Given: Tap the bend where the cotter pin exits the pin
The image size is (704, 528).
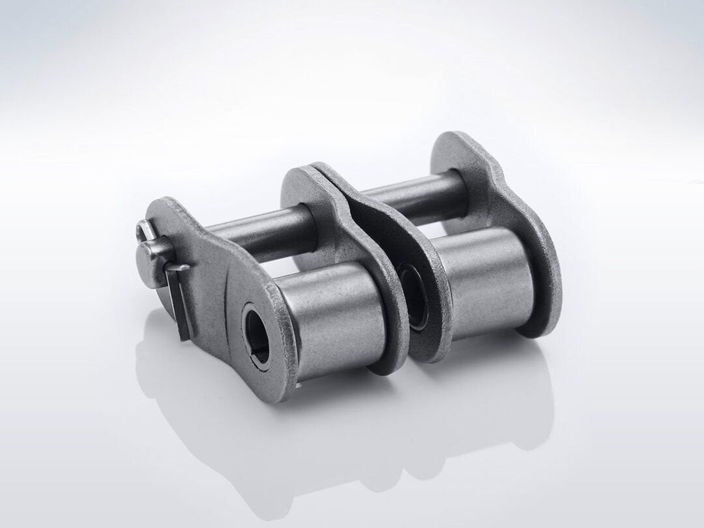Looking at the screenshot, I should (x=171, y=267).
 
